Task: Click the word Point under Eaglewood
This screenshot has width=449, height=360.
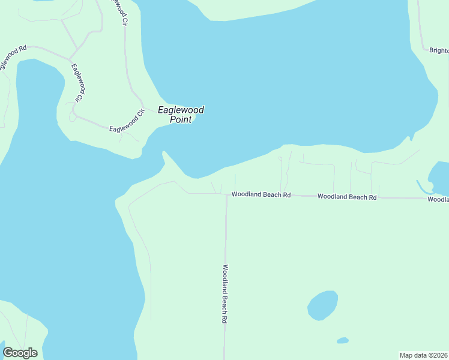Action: click(x=181, y=119)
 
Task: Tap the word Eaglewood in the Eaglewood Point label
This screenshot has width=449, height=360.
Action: click(x=181, y=110)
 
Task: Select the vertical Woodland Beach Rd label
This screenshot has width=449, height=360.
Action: click(x=224, y=294)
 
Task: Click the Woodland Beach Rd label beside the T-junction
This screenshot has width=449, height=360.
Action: click(x=261, y=194)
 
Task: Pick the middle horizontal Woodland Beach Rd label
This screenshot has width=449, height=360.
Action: click(x=346, y=196)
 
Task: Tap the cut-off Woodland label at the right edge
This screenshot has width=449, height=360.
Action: click(x=438, y=199)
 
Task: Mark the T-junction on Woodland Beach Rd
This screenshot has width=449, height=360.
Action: click(x=226, y=194)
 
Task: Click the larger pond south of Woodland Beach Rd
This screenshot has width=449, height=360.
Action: click(x=322, y=305)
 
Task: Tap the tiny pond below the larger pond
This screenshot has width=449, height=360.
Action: click(x=342, y=340)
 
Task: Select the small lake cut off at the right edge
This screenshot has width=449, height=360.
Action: click(x=439, y=175)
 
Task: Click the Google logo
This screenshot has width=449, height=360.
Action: click(x=20, y=353)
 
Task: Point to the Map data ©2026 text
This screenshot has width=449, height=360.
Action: click(x=423, y=355)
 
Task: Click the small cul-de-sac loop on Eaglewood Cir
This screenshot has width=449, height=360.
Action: click(x=73, y=116)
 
